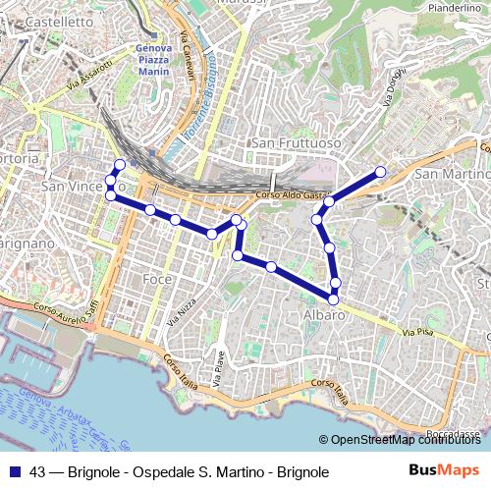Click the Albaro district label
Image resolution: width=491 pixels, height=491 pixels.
coord(324,313)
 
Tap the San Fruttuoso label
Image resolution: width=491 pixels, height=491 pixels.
coord(296,143)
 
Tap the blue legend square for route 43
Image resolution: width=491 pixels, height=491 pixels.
coord(17,470)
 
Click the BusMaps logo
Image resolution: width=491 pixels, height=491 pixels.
coord(444,470)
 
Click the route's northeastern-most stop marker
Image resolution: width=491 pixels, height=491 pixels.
coord(380,173)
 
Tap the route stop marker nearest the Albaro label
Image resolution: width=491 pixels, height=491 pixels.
coord(334,298)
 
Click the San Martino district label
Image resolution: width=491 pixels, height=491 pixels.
coord(453,174)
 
